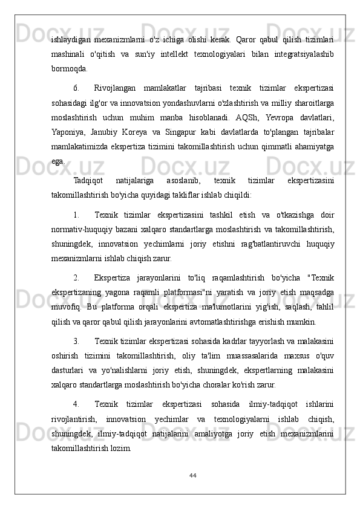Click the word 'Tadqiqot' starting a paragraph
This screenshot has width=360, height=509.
pyautogui.click(x=88, y=180)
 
